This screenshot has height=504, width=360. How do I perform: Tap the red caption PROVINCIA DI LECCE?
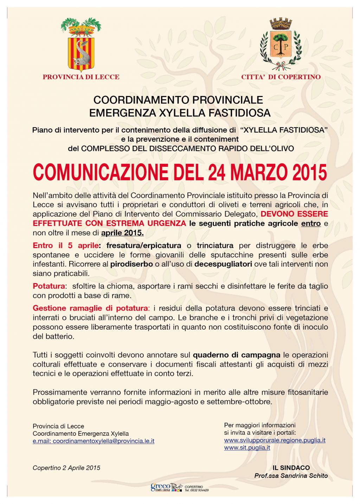click(81, 77)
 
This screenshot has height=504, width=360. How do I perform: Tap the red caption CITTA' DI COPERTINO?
click(281, 77)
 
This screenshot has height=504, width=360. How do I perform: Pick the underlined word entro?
click(311, 223)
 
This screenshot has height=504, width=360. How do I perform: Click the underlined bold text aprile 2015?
click(122, 232)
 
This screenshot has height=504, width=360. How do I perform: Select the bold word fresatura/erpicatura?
click(144, 245)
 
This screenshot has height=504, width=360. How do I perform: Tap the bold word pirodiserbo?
click(131, 264)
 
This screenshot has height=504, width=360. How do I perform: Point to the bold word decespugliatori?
click(223, 264)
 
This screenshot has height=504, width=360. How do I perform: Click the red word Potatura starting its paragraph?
click(49, 286)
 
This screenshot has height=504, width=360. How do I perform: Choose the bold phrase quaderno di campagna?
click(237, 355)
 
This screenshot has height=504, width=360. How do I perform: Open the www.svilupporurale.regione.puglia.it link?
click(275, 440)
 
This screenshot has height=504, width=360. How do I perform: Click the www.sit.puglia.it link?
click(247, 448)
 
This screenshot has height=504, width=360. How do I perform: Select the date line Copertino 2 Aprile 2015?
click(66, 468)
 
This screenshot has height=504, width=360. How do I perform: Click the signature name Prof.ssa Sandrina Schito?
click(291, 476)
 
